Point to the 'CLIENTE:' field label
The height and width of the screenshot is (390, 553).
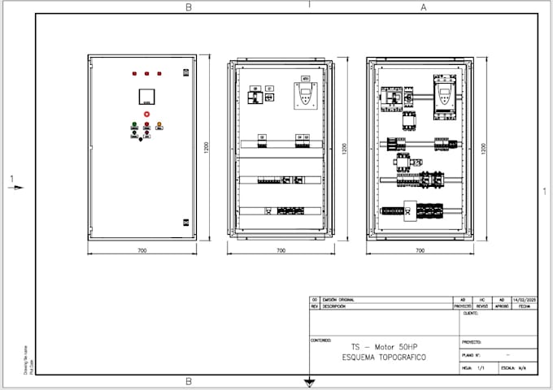point(470,313)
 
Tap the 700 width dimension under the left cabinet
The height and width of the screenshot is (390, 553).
point(142,251)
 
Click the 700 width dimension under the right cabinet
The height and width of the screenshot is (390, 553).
point(420,251)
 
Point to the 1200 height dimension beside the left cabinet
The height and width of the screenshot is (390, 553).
point(207,148)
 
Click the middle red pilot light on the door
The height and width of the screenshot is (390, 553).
point(146,74)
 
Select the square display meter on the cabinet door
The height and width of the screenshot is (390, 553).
point(146,96)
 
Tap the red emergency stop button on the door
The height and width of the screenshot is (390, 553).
point(146,115)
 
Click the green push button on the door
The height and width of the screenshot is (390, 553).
point(134,125)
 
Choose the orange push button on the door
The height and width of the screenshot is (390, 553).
point(159,125)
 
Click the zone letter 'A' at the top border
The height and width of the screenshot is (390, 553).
point(423,7)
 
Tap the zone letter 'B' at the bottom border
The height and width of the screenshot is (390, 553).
point(189,381)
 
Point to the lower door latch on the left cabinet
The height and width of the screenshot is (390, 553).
point(186,220)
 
